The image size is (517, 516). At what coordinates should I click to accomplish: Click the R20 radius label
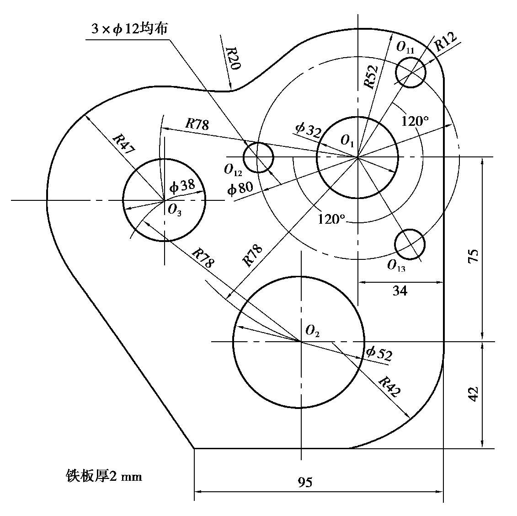[233, 58]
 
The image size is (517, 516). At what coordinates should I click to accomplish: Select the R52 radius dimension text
[371, 76]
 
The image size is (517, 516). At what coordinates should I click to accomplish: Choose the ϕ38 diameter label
[182, 186]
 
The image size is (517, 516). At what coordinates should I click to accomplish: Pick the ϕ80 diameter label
[240, 188]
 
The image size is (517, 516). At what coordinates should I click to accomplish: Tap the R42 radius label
[389, 387]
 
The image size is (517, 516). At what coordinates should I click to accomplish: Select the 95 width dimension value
[305, 483]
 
